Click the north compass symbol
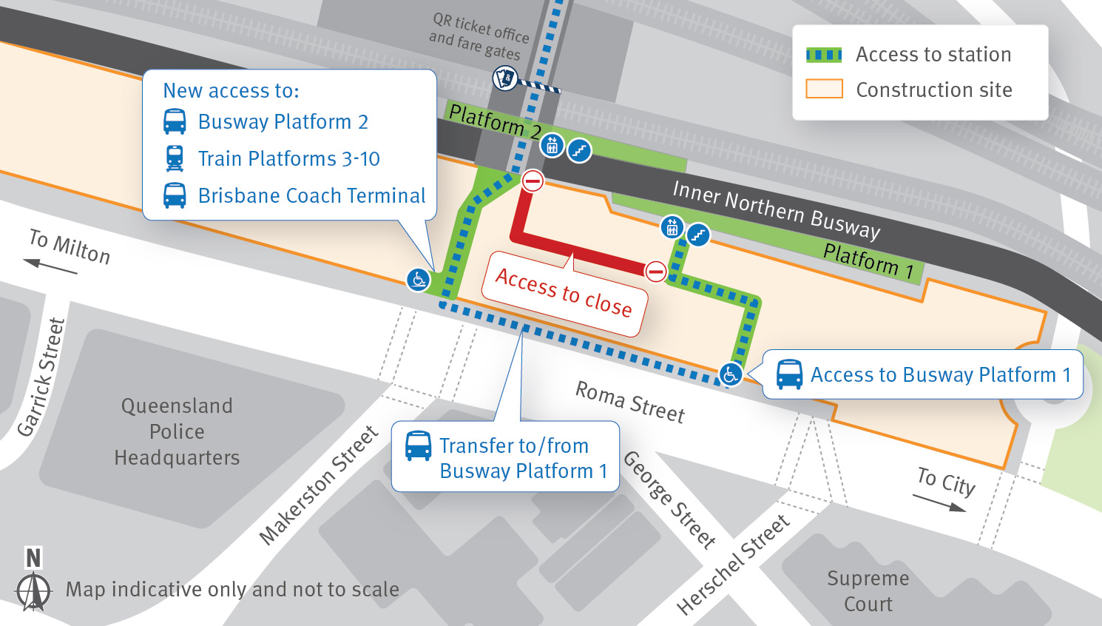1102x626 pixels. click(x=33, y=581)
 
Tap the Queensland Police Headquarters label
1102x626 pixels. click(x=177, y=431)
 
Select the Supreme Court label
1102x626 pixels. click(x=868, y=590)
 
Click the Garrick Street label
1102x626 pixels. click(x=41, y=377)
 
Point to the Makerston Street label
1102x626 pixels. click(x=319, y=485)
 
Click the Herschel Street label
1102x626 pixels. click(x=733, y=565)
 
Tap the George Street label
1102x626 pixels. click(x=669, y=499)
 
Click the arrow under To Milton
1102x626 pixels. click(x=50, y=266)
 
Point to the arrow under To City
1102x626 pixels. click(x=939, y=502)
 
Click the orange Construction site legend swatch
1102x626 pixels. click(x=824, y=90)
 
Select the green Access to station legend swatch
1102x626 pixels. click(x=824, y=55)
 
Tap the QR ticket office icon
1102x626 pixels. click(x=505, y=78)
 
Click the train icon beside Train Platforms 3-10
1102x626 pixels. click(x=175, y=158)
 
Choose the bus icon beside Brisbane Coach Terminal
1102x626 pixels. click(x=175, y=195)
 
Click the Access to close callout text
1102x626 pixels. click(x=564, y=292)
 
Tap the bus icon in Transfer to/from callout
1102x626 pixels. click(x=418, y=446)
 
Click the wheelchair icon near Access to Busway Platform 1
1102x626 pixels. click(x=731, y=374)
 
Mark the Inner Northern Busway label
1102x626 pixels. click(x=776, y=210)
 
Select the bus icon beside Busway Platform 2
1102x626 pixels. click(x=175, y=121)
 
